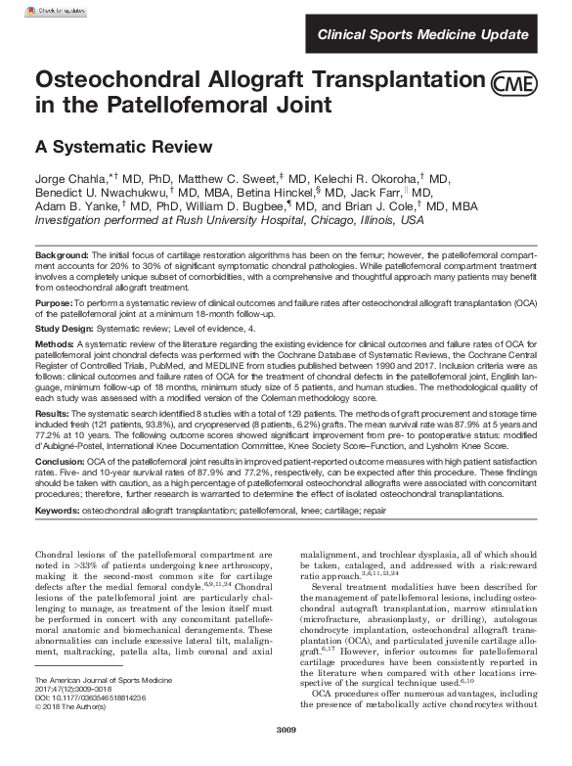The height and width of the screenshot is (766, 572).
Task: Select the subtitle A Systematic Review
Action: pos(123,148)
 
